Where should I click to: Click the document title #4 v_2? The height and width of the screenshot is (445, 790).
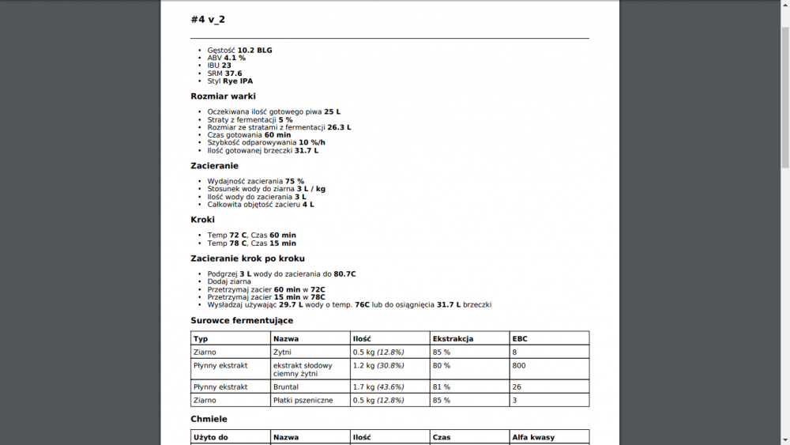(x=208, y=19)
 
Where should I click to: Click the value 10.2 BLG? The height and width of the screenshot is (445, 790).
(x=254, y=51)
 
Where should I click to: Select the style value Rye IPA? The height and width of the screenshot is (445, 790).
(x=238, y=81)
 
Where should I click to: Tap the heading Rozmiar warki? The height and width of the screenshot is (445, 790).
(x=223, y=96)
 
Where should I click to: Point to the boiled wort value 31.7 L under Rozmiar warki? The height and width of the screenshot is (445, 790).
(x=306, y=150)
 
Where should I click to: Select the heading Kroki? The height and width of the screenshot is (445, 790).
(x=202, y=220)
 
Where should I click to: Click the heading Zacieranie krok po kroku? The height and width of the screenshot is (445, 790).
(x=247, y=258)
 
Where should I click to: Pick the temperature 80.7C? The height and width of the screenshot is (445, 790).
(x=344, y=274)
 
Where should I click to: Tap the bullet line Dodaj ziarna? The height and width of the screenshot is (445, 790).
(x=229, y=281)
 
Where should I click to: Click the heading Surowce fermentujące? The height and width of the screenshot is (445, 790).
(x=242, y=321)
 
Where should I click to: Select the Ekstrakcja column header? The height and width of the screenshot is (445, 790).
(x=453, y=338)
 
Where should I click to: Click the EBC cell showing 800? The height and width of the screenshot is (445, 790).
(x=519, y=366)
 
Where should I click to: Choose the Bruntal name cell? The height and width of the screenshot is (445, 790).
(x=286, y=387)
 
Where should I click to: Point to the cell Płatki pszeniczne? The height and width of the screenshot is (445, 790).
(x=303, y=401)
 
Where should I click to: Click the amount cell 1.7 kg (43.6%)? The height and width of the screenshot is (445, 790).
(x=378, y=387)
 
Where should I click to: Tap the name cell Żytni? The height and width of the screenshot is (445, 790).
(x=282, y=352)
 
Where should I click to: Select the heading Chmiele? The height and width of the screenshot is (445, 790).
(x=209, y=419)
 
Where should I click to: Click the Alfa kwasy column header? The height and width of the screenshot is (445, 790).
(x=533, y=437)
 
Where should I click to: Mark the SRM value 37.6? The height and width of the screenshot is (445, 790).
(x=233, y=74)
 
